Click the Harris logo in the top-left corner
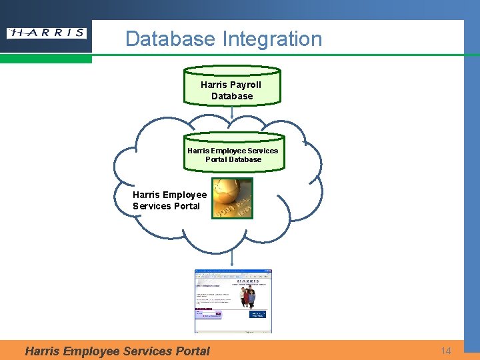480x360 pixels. point(46,33)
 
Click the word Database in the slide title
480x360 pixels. point(170,39)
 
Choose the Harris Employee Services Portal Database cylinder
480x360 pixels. point(233,153)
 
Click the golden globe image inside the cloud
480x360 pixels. point(233,198)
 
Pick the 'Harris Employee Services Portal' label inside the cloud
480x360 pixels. point(169,200)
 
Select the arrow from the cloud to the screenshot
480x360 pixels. point(232,256)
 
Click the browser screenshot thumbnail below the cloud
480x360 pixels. point(233,301)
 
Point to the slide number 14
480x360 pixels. point(446,350)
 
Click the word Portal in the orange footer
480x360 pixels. point(192,351)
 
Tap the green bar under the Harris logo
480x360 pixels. point(46,59)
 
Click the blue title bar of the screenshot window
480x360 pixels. point(233,271)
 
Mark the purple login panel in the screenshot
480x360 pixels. point(207,312)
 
